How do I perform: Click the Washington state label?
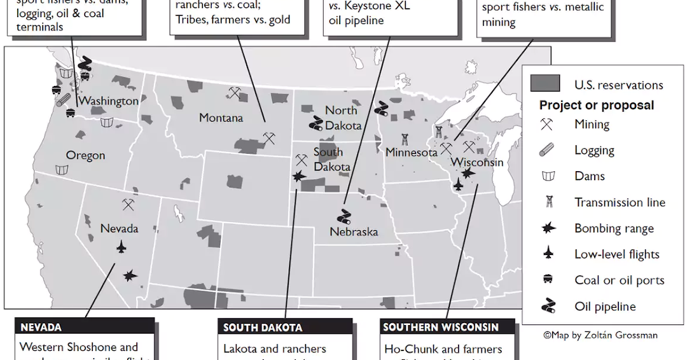tap(109, 100)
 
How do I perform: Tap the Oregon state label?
tap(85, 155)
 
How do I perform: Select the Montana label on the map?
tap(221, 118)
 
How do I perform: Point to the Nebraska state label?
tap(354, 232)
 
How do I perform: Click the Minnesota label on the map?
tap(412, 153)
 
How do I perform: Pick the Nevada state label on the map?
tap(119, 228)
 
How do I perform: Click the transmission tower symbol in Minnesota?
tap(405, 139)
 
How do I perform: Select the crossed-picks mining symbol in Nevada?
tap(128, 205)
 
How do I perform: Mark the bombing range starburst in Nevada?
tap(130, 275)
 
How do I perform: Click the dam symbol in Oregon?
tap(62, 170)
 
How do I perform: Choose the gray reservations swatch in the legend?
tap(545, 84)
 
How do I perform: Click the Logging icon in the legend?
tap(546, 150)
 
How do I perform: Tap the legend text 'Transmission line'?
tap(620, 202)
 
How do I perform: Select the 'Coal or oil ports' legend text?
tap(619, 280)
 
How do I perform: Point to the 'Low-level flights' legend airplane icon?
tap(546, 254)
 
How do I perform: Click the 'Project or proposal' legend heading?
tap(596, 105)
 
